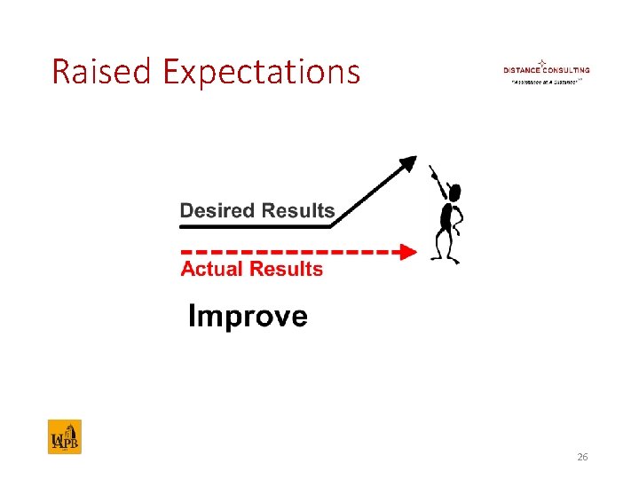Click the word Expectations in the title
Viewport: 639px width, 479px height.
pos(262,73)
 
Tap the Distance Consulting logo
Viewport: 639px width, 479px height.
pos(546,71)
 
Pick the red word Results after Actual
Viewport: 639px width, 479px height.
pos(288,270)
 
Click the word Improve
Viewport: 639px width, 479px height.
pos(248,317)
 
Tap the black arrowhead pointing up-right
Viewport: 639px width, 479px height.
pos(407,163)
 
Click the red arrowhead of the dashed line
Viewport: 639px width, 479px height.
pos(407,252)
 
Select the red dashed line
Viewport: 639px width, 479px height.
pos(284,252)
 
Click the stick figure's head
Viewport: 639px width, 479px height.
pos(454,191)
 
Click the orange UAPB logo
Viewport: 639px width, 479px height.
pos(64,436)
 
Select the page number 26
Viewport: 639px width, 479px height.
pos(582,457)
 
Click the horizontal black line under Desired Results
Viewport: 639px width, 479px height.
pos(257,226)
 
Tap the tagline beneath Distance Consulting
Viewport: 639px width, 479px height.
pos(544,81)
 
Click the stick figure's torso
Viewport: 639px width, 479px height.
pos(450,216)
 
